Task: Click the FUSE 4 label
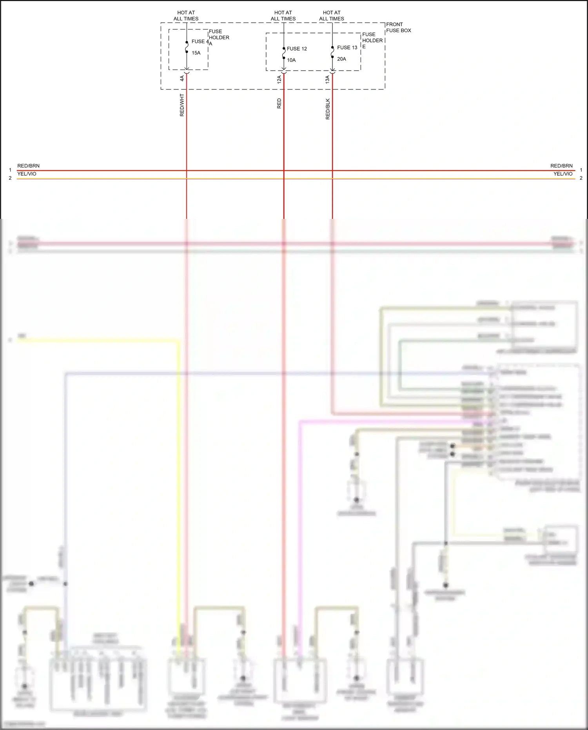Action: (x=200, y=42)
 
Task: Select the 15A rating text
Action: (x=196, y=53)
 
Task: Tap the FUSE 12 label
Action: (x=297, y=49)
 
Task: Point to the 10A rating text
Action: (x=291, y=60)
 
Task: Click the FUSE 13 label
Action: (x=347, y=47)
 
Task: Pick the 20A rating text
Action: (x=341, y=59)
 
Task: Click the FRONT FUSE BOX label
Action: (x=398, y=27)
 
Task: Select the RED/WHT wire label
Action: (x=182, y=105)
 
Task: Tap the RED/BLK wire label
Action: (x=328, y=109)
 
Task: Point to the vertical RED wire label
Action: (x=279, y=104)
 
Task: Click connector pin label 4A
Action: (x=182, y=78)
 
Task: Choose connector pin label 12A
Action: (x=279, y=79)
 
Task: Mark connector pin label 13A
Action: (x=327, y=79)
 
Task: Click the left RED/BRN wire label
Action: (x=28, y=166)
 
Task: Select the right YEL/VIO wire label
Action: (x=563, y=174)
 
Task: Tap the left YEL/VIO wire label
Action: (x=27, y=174)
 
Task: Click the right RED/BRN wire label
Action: (x=561, y=166)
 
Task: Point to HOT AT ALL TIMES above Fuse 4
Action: (x=186, y=16)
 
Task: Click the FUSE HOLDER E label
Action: (x=372, y=40)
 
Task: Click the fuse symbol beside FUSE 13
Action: (x=332, y=52)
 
